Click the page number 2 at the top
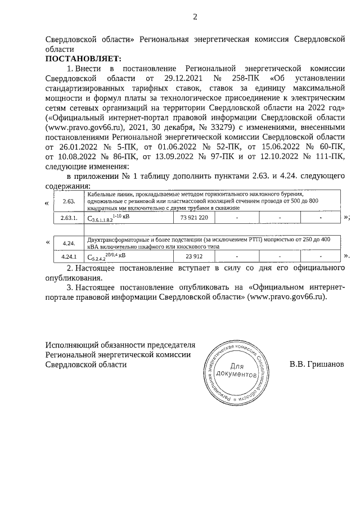[x=195, y=16]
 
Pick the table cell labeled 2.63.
[x=69, y=201]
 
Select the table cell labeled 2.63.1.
[x=69, y=217]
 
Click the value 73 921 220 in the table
[x=195, y=217]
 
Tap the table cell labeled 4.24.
[x=69, y=243]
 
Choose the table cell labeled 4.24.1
[x=69, y=257]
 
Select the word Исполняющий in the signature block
[x=72, y=344]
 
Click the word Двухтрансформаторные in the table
[x=116, y=240]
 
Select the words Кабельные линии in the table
[x=106, y=194]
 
